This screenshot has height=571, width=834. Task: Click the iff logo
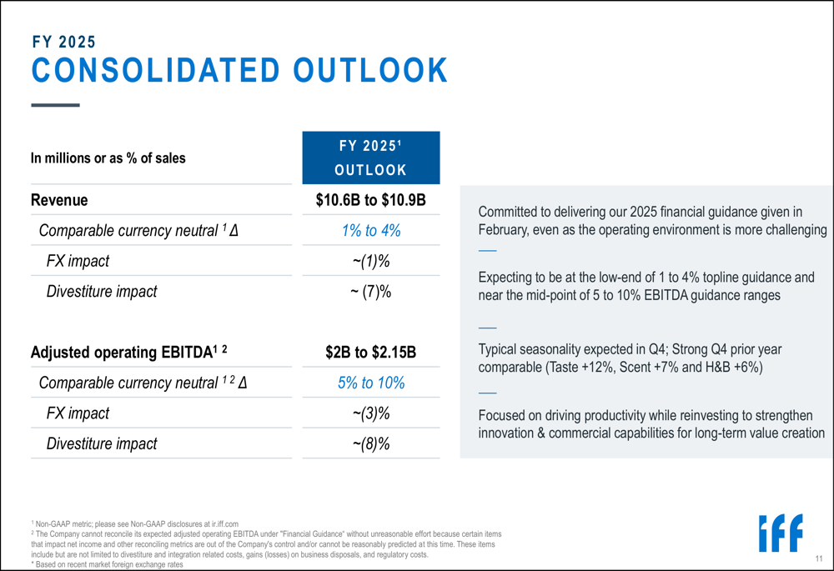coord(781,533)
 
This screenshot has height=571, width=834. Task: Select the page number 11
coord(819,558)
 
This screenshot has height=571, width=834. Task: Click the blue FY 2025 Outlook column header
coord(370,158)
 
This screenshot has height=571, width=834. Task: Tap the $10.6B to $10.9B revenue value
coord(370,200)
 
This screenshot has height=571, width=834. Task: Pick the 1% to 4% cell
coord(370,231)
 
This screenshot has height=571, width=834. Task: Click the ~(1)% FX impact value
coord(370,262)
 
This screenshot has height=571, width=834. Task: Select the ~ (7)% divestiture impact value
coord(370,292)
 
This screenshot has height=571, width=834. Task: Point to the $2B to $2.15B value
coord(370,353)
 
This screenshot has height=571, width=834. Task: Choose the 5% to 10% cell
coord(370,383)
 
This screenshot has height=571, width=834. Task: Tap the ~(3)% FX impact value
coord(370,413)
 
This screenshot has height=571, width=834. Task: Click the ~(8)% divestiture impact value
coord(370,444)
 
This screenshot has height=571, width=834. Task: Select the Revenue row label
coord(59,200)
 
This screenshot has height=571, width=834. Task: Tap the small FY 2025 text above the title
coord(63,42)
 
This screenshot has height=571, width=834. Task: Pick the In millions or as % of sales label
coord(108,158)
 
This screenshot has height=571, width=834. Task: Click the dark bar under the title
coord(55,105)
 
